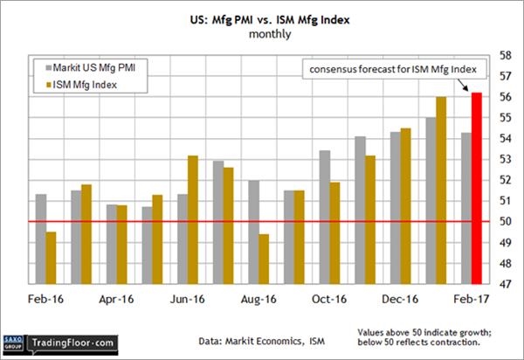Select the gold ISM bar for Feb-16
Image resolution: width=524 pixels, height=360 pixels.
tap(51, 258)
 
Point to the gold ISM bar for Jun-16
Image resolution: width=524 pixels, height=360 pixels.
tap(193, 219)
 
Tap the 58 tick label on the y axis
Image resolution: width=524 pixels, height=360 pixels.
tap(504, 55)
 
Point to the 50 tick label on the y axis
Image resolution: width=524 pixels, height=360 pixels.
tap(504, 221)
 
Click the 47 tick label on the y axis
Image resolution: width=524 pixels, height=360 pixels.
tap(504, 284)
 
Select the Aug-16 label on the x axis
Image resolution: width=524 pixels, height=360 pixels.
tap(259, 299)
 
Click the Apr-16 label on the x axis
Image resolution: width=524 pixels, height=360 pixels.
tap(118, 299)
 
